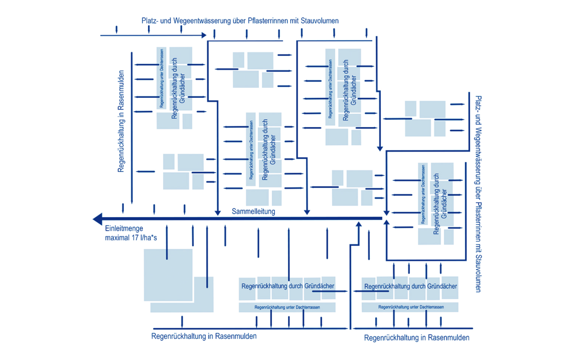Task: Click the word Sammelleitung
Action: [x=254, y=212]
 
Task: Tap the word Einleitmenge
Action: [x=124, y=228]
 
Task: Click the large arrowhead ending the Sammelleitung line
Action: [x=98, y=218]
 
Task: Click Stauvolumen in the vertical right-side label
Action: [x=478, y=271]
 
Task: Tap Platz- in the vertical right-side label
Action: [x=478, y=102]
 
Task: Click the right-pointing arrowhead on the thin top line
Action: [x=204, y=36]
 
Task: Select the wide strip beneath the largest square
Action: [x=182, y=307]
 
